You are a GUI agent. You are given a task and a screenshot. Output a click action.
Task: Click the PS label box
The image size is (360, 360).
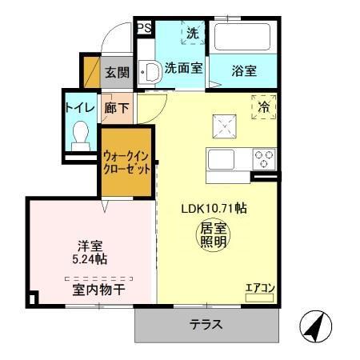pos(144,29)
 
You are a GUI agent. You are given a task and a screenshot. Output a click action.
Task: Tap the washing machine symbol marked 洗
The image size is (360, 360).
pos(192,34)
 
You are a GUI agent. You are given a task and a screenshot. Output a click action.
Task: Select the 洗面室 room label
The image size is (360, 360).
pos(183,70)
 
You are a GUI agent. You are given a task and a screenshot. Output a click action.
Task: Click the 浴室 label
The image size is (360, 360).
pos(245,70)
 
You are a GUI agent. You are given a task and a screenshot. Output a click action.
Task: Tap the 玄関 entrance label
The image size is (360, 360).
pos(117,72)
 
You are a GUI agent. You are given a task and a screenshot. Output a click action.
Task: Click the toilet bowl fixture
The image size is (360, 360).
pos(80,135)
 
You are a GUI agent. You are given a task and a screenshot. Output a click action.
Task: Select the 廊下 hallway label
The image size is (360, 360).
pos(117,107)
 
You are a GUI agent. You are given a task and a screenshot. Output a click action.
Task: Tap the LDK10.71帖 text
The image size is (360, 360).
pos(213,208)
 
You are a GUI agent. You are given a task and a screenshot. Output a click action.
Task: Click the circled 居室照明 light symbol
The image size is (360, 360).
pos(214,233)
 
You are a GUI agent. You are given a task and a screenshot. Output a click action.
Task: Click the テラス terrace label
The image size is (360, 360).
pos(206,326)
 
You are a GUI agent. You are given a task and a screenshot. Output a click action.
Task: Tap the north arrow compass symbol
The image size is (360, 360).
pos(316,326)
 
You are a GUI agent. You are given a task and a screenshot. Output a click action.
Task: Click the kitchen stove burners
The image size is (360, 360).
pos(263,158)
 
